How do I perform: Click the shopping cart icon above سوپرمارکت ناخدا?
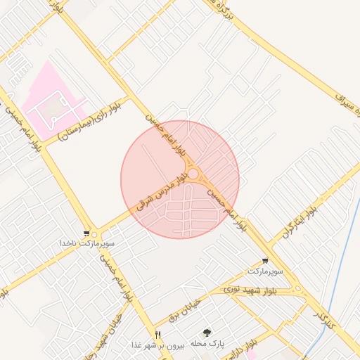[86, 233]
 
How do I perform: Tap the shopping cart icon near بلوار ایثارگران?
[264, 260]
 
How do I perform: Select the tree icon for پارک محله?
[207, 334]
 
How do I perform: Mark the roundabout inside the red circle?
[193, 173]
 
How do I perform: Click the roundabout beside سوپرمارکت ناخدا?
[95, 235]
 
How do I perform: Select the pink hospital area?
[51, 103]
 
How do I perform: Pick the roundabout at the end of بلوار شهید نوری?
[298, 288]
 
